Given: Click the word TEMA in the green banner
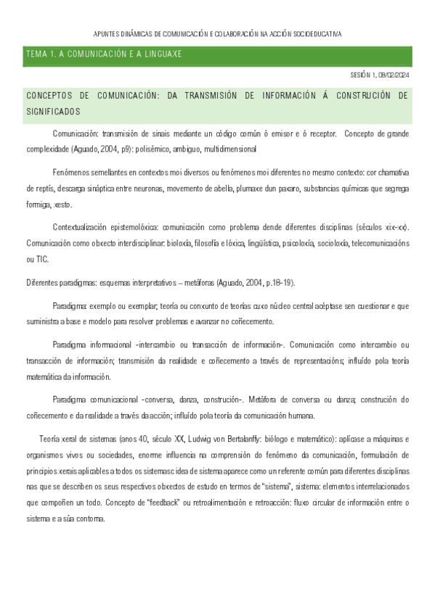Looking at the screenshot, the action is click(x=35, y=54).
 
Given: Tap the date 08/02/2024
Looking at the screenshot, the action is click(x=394, y=75).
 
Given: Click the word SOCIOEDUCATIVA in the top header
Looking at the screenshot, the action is click(x=314, y=34).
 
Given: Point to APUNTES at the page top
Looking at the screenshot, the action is click(x=109, y=34).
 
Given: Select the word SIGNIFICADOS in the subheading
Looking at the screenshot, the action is click(x=53, y=112).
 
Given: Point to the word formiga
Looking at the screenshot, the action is click(x=38, y=205).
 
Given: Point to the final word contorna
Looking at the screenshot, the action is click(x=90, y=519).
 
